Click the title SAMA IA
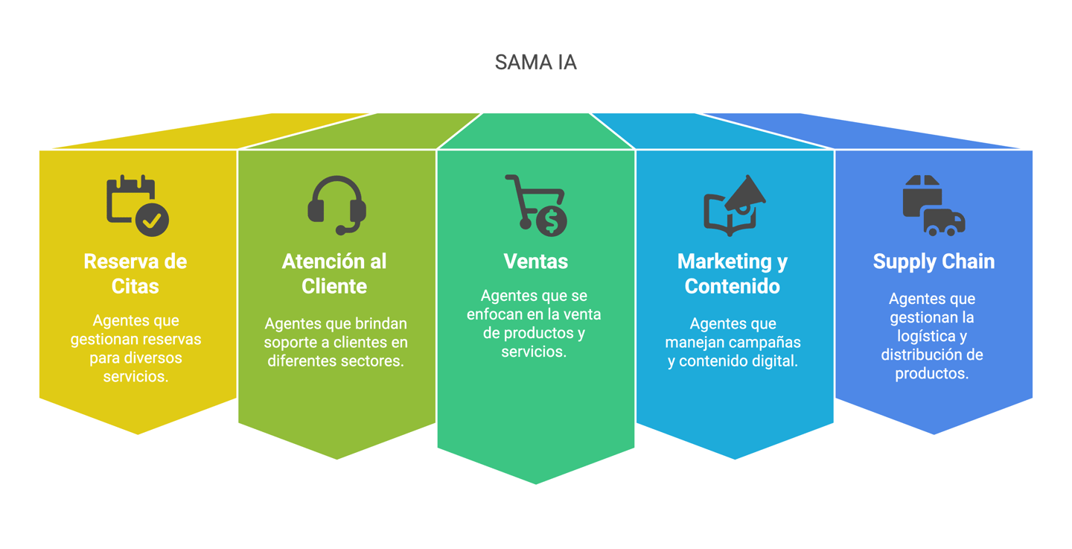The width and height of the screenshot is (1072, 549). point(535,63)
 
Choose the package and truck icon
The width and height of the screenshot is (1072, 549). point(934,206)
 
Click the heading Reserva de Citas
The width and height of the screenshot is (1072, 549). point(135,273)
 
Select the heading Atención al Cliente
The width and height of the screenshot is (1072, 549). point(334,273)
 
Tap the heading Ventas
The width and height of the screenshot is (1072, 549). point(535,261)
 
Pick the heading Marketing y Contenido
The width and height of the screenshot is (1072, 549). point(733,273)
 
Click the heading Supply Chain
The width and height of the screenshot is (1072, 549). point(934,261)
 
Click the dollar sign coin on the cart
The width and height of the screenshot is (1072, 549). point(552,220)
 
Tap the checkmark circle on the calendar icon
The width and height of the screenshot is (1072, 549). point(153,220)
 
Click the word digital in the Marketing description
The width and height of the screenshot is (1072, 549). point(776,361)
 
